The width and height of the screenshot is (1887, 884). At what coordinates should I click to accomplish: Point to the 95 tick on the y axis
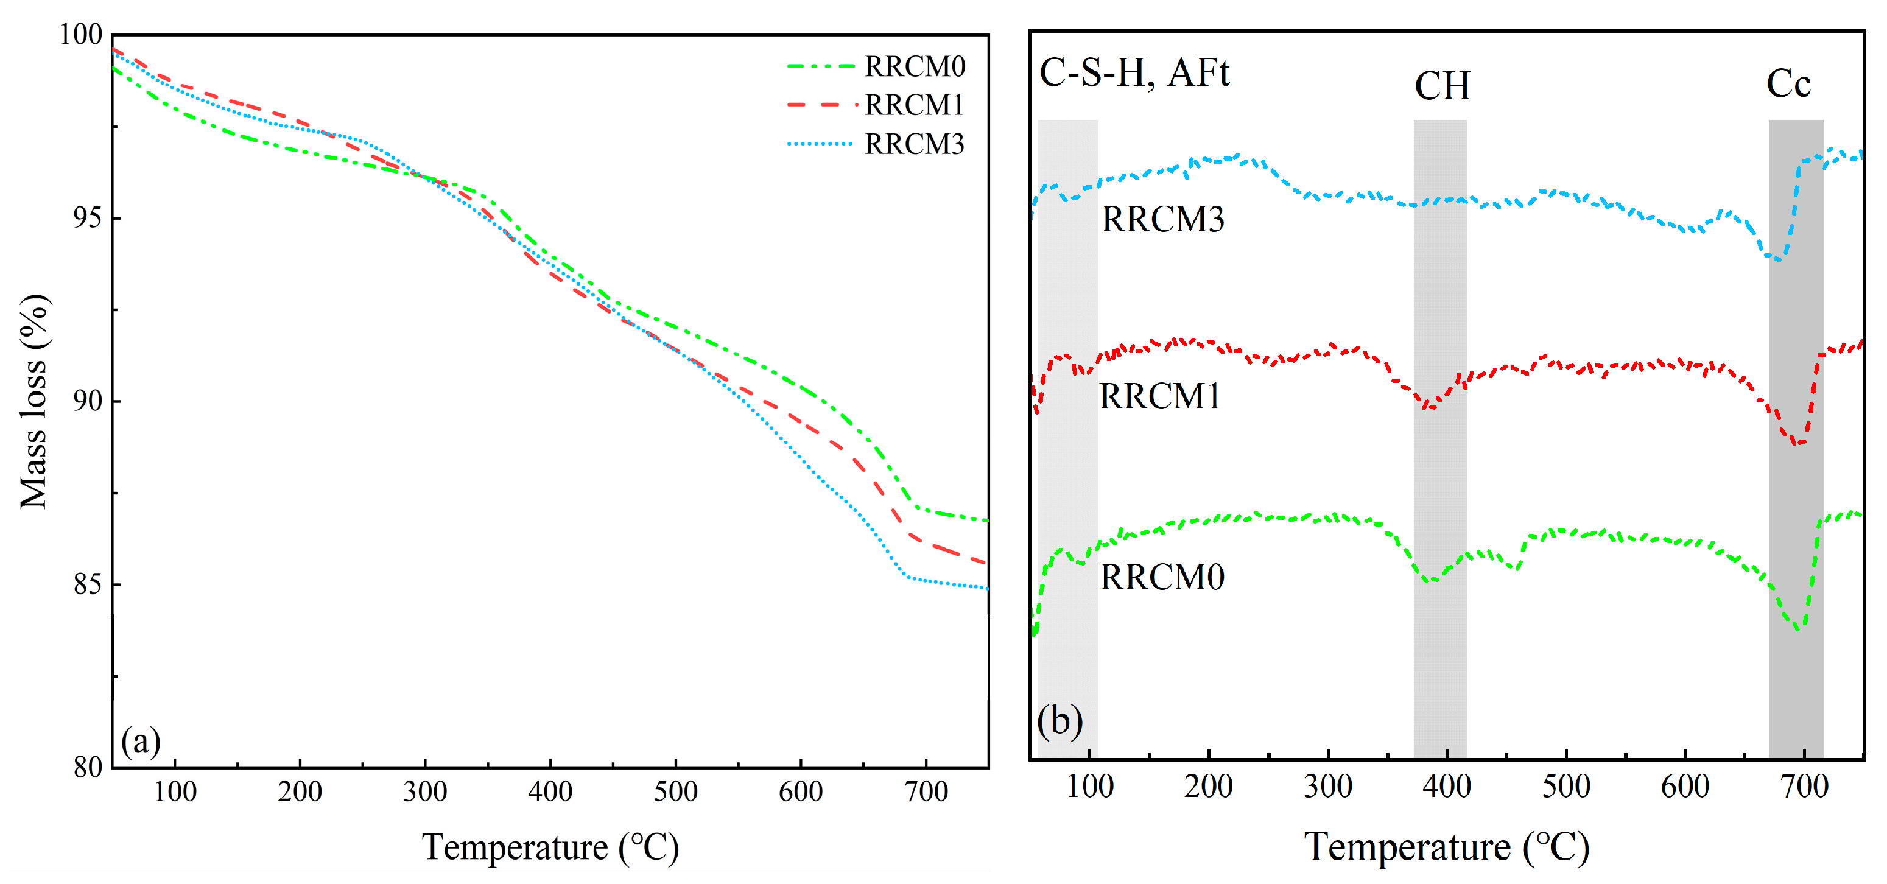(x=87, y=218)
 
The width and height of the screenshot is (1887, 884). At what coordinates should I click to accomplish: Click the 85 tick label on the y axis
(x=87, y=584)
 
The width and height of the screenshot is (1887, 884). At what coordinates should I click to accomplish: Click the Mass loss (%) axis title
(x=33, y=401)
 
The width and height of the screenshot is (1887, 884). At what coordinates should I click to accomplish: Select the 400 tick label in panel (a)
(x=549, y=791)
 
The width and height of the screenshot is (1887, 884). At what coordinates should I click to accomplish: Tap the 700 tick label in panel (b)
(x=1804, y=787)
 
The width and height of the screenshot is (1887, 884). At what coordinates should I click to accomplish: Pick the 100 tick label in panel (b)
(x=1089, y=787)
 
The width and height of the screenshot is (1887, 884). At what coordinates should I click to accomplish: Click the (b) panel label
(x=1059, y=721)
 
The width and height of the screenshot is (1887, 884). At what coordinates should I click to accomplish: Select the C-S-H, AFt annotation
(x=1134, y=72)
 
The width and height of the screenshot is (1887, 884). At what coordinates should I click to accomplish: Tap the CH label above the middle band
(x=1442, y=86)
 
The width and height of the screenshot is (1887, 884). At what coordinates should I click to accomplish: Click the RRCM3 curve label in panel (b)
(x=1162, y=219)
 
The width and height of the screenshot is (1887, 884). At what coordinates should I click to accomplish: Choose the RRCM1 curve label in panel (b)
(x=1159, y=396)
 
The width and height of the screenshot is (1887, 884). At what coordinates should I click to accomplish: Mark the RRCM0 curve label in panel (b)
(x=1162, y=577)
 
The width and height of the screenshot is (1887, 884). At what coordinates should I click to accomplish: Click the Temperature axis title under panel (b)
(x=1446, y=848)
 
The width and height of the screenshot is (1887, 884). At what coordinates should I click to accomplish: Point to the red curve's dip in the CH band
(x=1429, y=407)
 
